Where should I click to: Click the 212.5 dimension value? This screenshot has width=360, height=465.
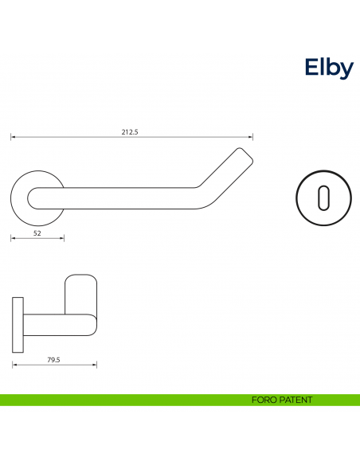[x=130, y=132]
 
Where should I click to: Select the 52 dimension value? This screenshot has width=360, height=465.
[x=37, y=233]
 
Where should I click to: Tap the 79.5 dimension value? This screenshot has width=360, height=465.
[x=54, y=360]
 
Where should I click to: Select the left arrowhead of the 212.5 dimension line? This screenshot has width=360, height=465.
[x=13, y=138]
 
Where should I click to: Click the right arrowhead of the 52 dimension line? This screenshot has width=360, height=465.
[x=62, y=238]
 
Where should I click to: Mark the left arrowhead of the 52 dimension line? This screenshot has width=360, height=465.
[x=13, y=238]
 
